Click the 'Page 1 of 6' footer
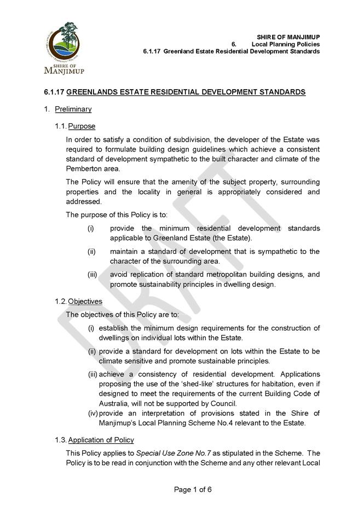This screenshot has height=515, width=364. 193,489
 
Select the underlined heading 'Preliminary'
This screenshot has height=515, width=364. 73,109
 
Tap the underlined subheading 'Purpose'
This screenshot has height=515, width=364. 82,126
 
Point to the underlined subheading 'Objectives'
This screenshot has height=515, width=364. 85,301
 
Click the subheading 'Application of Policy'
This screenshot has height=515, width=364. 101,440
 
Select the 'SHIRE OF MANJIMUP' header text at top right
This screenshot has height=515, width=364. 288,37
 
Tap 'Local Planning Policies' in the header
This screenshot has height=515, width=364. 286,44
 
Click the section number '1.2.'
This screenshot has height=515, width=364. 61,301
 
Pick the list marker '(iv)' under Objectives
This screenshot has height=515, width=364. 93,413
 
